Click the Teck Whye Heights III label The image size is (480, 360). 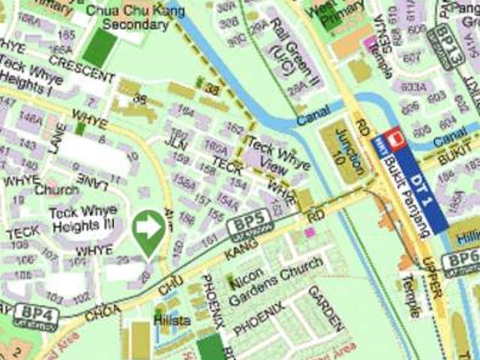[82, 218]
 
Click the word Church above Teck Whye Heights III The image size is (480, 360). [57, 190]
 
